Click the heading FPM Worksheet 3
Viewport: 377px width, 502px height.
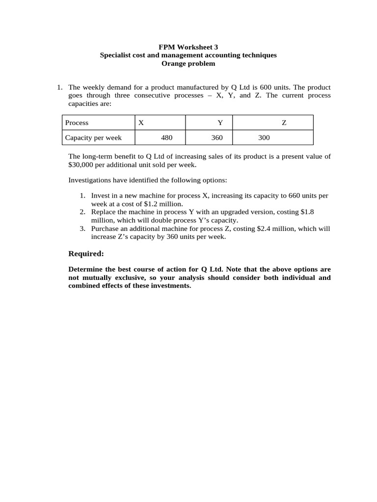click(x=188, y=47)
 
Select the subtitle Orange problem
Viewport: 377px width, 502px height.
click(x=188, y=63)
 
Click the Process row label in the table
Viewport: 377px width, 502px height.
click(x=77, y=123)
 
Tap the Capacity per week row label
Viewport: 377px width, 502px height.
click(x=93, y=138)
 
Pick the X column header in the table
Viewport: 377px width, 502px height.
click(x=141, y=123)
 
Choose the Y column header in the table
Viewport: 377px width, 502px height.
click(x=220, y=123)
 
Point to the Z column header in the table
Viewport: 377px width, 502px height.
click(x=284, y=123)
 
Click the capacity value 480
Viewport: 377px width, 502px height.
click(x=167, y=138)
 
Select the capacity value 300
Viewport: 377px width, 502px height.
click(x=264, y=138)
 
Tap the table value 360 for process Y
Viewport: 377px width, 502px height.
click(x=217, y=138)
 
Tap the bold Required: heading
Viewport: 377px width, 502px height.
click(x=86, y=253)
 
